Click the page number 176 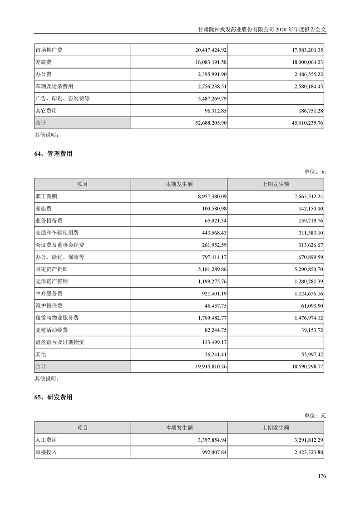click(322, 476)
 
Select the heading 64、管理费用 click(53, 154)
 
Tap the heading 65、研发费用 click(53, 397)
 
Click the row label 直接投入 click(46, 452)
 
